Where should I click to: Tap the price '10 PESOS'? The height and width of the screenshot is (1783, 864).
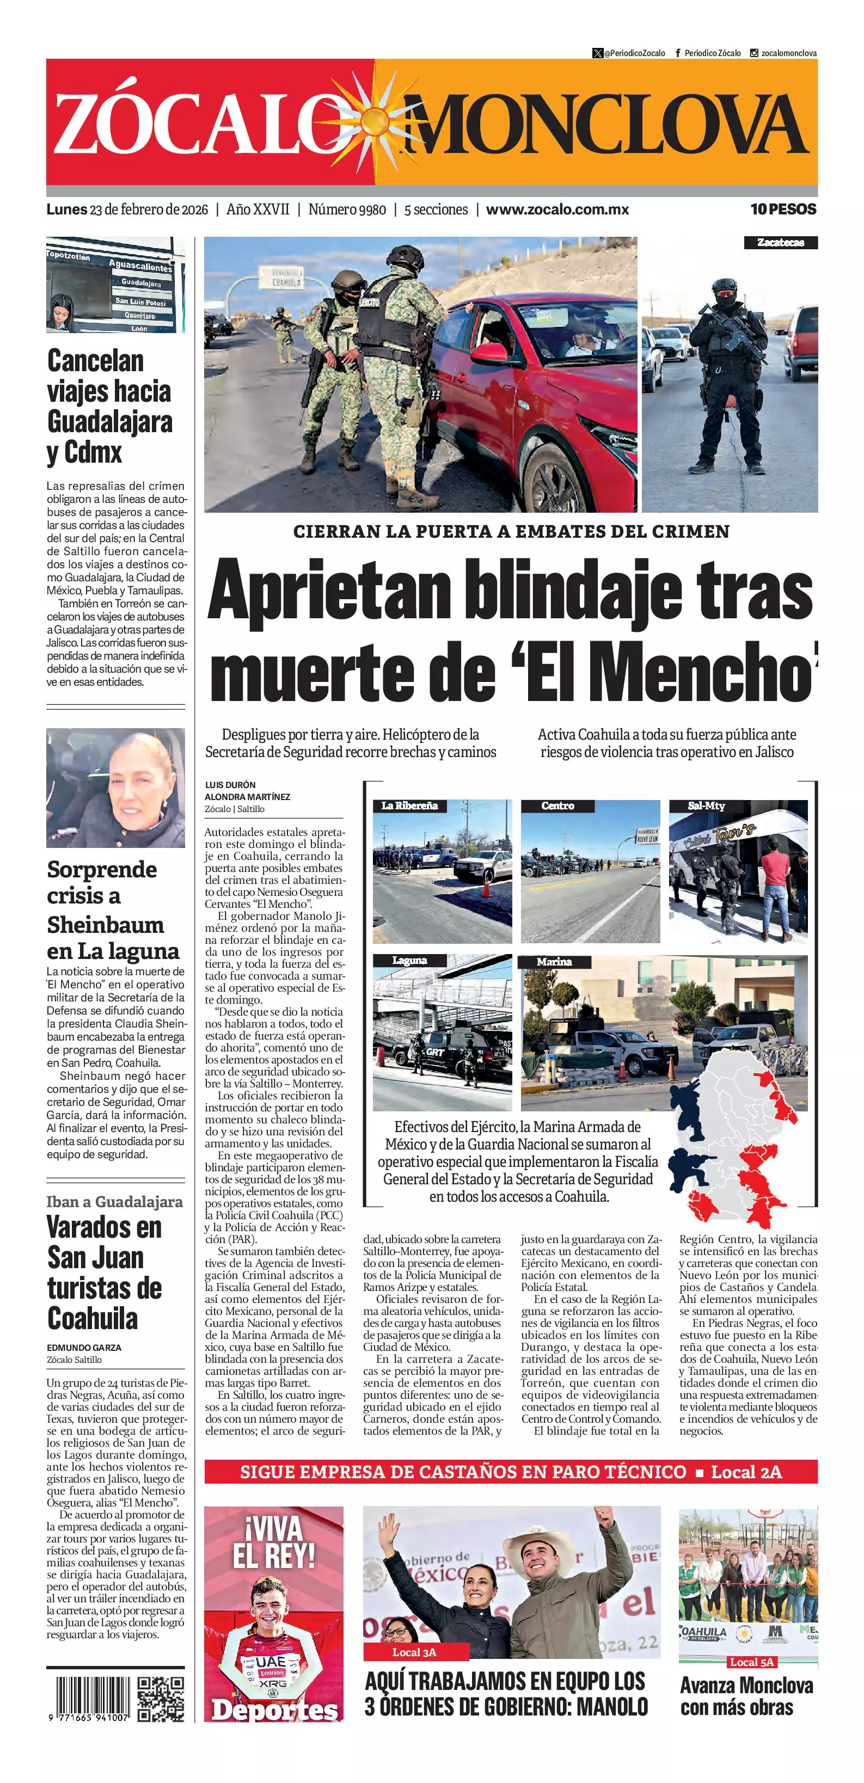(x=783, y=209)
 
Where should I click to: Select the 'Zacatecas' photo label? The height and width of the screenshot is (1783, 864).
(x=780, y=242)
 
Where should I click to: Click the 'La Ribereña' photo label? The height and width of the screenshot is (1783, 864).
(x=409, y=806)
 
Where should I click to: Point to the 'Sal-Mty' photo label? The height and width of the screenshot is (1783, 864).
(x=706, y=806)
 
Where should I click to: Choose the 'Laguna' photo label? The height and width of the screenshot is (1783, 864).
(x=409, y=960)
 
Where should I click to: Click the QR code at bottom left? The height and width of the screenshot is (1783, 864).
(x=161, y=1699)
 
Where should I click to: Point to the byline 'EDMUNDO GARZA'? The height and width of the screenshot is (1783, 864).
(x=84, y=1348)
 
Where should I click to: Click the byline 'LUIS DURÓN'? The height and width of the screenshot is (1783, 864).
(x=230, y=785)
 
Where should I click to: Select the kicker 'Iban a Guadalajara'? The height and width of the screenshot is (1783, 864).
(x=114, y=1202)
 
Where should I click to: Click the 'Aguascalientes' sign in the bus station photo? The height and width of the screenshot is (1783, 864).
(x=140, y=267)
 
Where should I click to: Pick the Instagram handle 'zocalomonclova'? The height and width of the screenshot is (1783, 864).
(x=788, y=53)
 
